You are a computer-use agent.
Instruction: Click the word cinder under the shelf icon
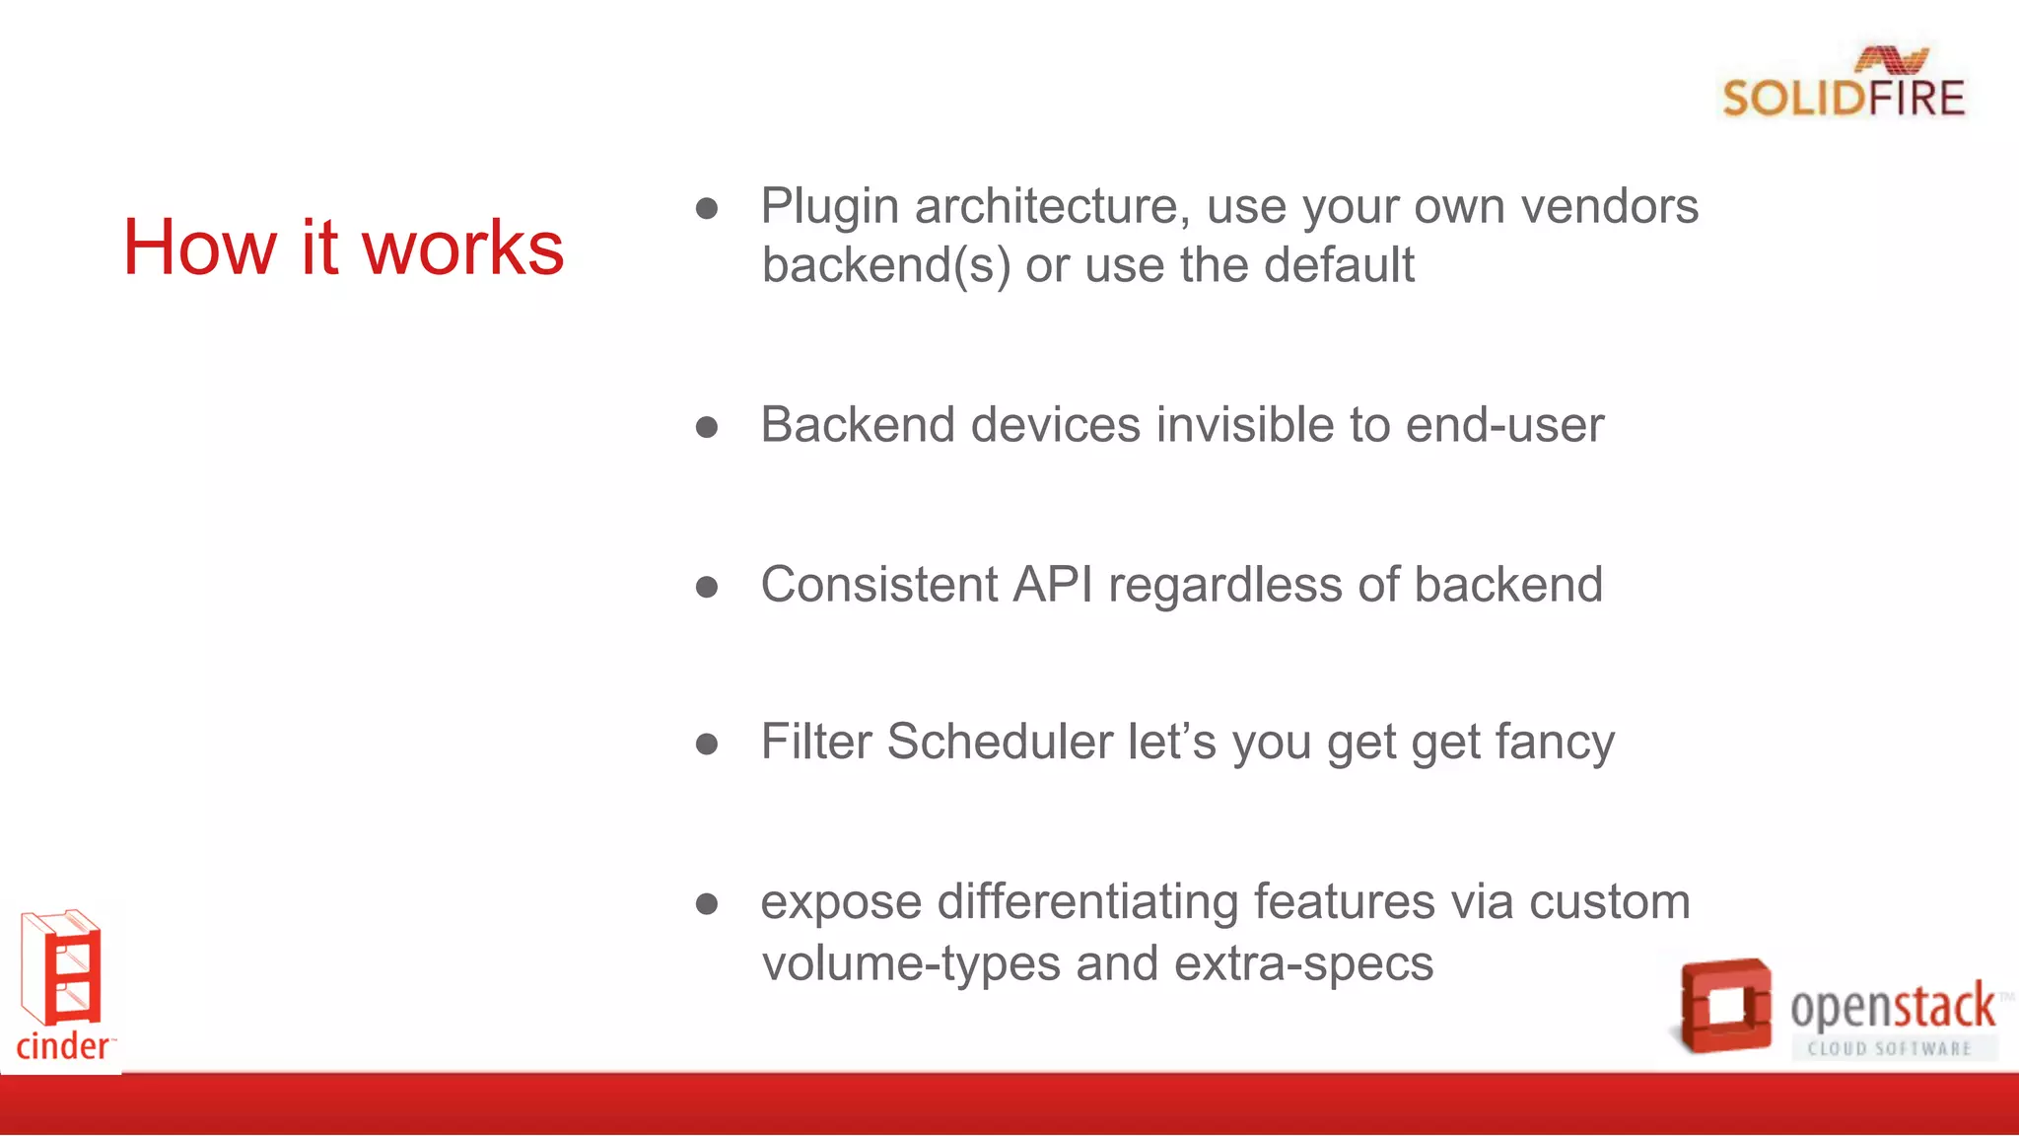pyautogui.click(x=63, y=1046)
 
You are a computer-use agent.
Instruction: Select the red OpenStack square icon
pyautogui.click(x=1724, y=1006)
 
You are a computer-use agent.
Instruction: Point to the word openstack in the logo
pyautogui.click(x=1892, y=1008)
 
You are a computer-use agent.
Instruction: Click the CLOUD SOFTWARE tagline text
pyautogui.click(x=1889, y=1049)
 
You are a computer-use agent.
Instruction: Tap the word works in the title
pyautogui.click(x=463, y=248)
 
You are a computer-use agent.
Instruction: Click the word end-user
pyautogui.click(x=1504, y=425)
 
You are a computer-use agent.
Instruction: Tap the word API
pyautogui.click(x=1053, y=585)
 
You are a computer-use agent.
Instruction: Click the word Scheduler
pyautogui.click(x=1000, y=742)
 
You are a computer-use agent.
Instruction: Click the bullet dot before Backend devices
pyautogui.click(x=706, y=427)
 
